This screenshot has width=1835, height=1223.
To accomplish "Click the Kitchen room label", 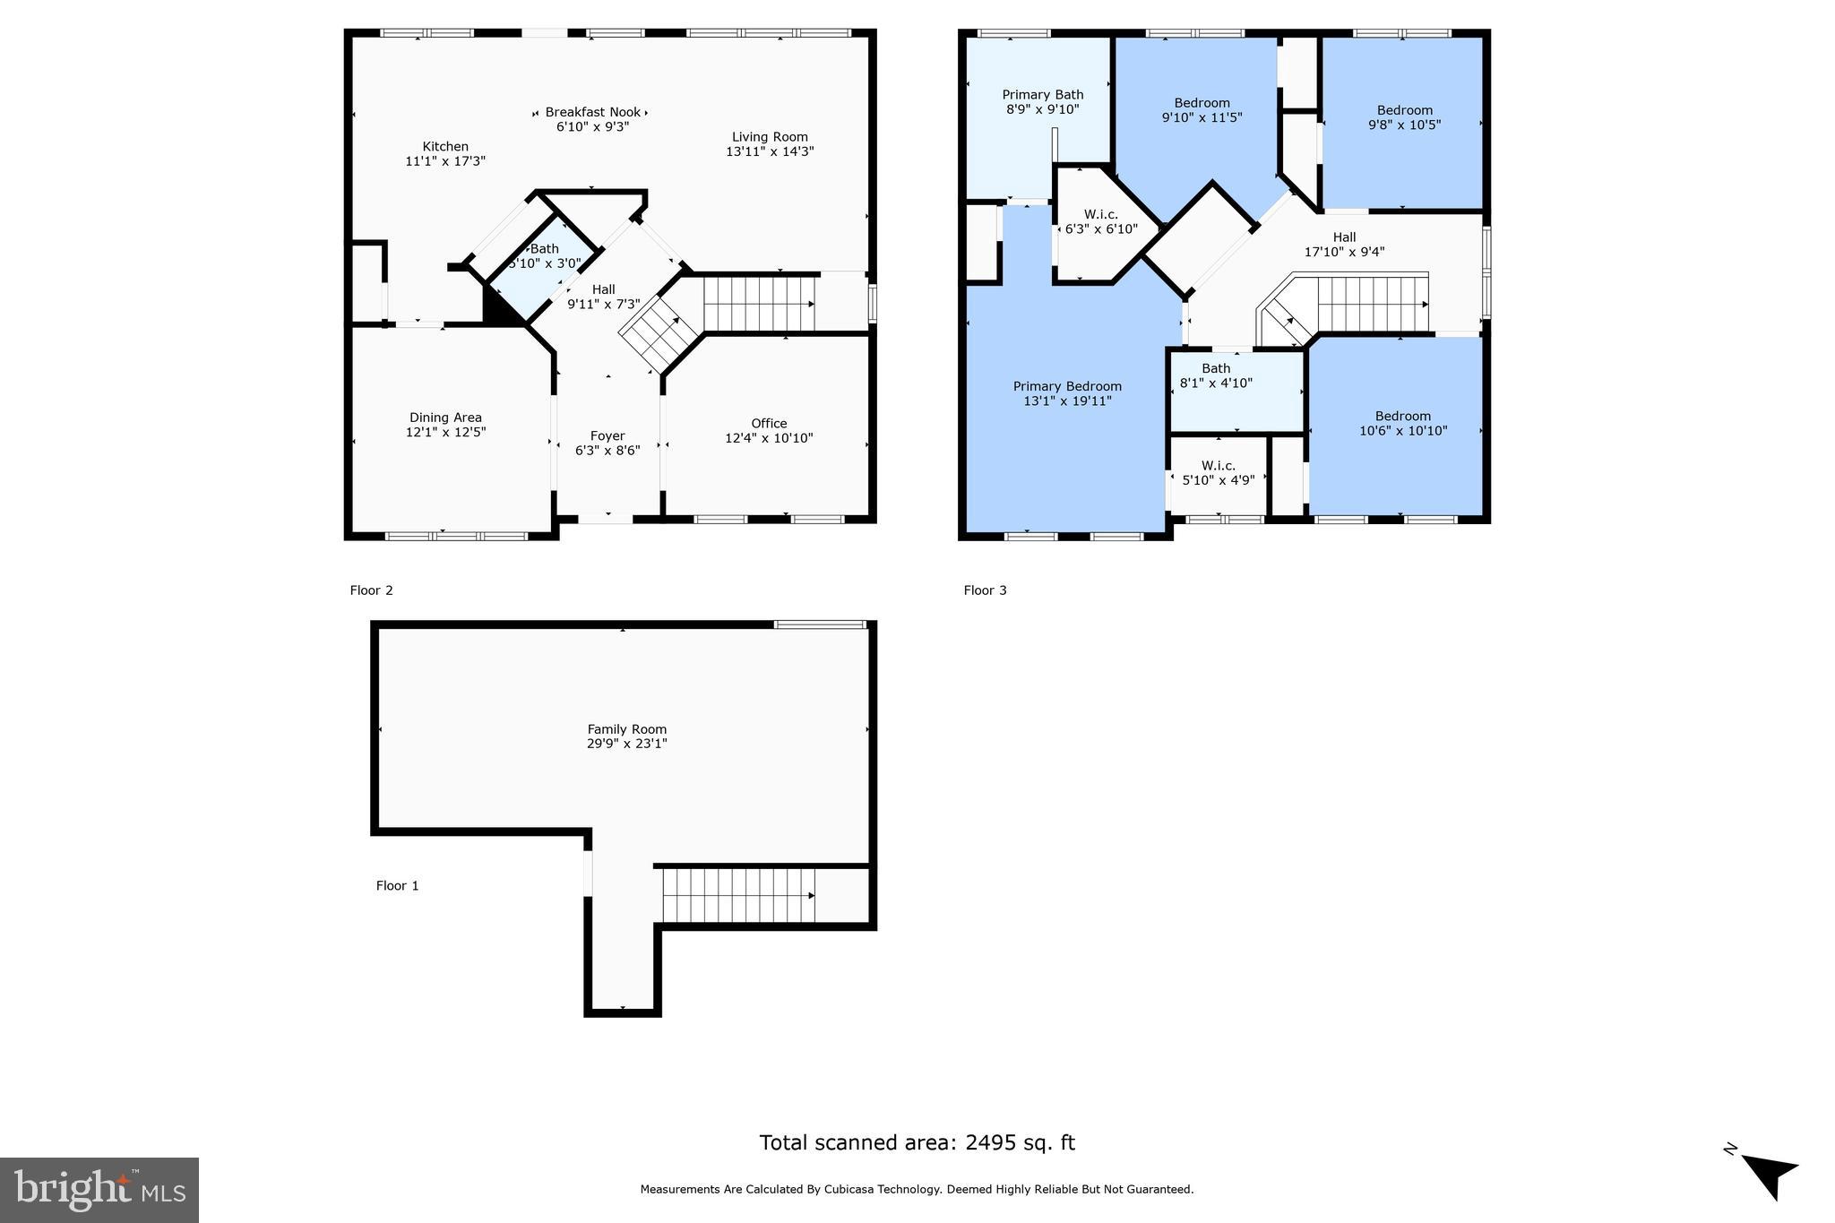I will pos(445,147).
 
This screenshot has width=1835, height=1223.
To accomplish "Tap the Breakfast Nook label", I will pos(592,112).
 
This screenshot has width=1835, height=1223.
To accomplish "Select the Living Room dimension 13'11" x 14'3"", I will pos(770,151).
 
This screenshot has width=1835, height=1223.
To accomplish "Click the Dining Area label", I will pos(445,418).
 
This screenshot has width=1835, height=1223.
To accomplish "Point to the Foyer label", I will pos(607,436).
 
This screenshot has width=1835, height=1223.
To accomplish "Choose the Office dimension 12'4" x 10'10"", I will pos(769,438).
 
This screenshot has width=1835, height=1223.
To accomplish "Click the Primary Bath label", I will pos(1042,95).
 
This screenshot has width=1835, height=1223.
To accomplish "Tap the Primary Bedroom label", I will pos(1067,387).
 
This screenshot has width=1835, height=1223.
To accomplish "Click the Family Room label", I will pos(626,729).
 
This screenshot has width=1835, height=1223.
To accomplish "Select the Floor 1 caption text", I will pos(397,886).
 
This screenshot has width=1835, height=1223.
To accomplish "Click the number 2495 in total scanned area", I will pos(991,1142).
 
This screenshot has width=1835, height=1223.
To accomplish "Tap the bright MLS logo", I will pos(99,1190).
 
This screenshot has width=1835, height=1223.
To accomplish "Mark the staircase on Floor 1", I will pos(738,895).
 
